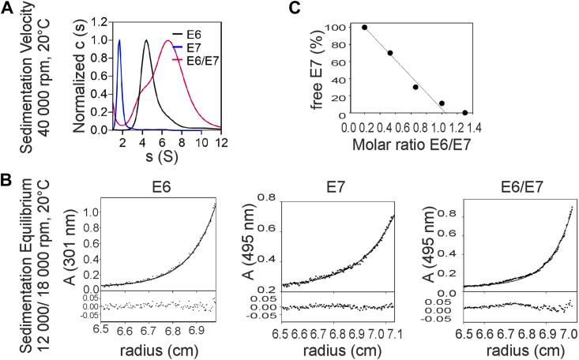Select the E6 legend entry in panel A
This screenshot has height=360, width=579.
[202, 35]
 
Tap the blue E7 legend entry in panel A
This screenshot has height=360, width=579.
[202, 47]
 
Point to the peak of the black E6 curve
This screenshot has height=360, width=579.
[146, 39]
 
